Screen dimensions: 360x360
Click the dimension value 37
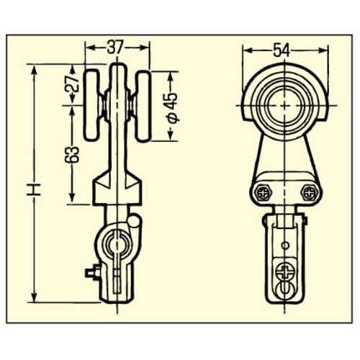tap(116, 48)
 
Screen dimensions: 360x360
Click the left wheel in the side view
tap(93, 106)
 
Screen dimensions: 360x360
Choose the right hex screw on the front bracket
tap(310, 192)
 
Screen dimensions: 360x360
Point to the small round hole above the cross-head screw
tap(285, 247)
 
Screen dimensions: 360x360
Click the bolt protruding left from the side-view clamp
tap(91, 273)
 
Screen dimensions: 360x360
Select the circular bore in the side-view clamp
tap(115, 246)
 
